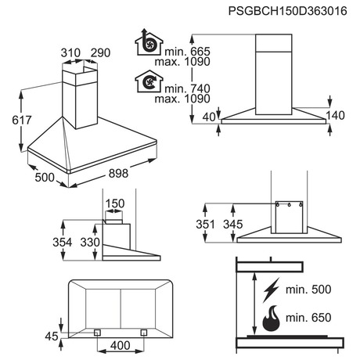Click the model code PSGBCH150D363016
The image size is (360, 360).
pos(287,11)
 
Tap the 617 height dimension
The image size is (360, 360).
pos(22,120)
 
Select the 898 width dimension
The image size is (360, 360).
pos(118,173)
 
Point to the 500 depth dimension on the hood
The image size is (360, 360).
pos(45,178)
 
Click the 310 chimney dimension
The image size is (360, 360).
pos(70,53)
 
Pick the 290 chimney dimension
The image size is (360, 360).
pos(100,53)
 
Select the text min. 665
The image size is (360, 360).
pos(187,52)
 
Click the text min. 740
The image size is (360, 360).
pos(187,88)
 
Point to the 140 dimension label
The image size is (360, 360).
pos(335,115)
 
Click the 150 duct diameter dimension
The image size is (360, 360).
pos(115,203)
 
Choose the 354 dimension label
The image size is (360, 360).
pos(63,243)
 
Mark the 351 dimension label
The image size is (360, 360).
pos(205,225)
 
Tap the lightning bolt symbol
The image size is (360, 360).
pos(272,290)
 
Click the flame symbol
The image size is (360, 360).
pos(271,319)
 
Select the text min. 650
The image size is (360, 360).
pos(308,318)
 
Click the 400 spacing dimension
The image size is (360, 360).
pos(120,345)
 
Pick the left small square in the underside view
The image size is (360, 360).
pos(97,333)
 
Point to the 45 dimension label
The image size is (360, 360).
pos(52,337)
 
